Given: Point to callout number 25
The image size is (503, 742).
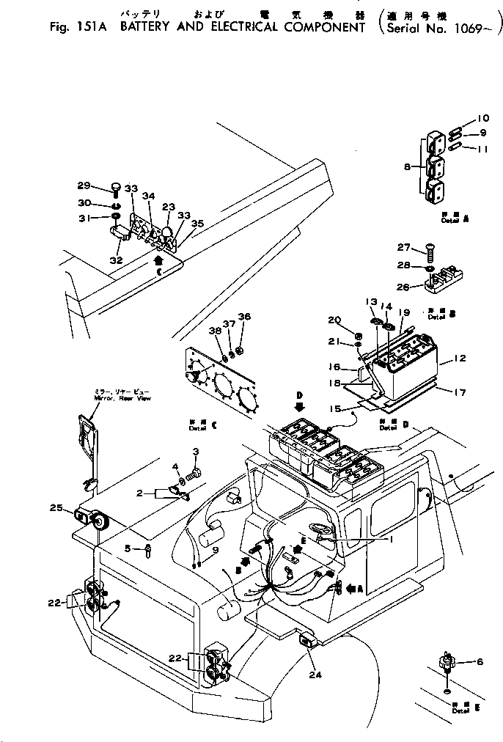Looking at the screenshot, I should (x=55, y=507).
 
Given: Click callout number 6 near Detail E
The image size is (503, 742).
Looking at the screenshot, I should (x=480, y=662).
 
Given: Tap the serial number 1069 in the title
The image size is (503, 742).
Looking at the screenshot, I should (x=470, y=29).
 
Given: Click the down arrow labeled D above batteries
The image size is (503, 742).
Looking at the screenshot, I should (x=299, y=406).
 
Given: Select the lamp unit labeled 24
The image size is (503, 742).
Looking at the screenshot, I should (x=306, y=643).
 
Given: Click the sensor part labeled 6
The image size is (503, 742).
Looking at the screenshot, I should (x=446, y=663).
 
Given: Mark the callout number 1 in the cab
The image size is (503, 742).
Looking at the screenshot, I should (x=376, y=539).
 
